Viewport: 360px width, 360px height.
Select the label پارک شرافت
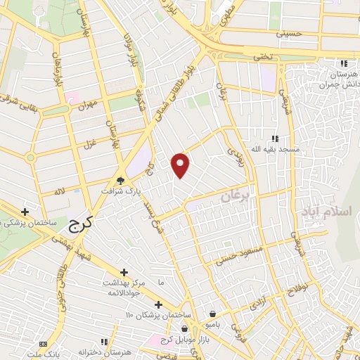point(120,191)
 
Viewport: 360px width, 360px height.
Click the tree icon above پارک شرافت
point(120,181)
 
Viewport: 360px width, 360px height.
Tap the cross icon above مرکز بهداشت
point(124,271)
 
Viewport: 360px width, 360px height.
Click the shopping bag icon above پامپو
point(213,314)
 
